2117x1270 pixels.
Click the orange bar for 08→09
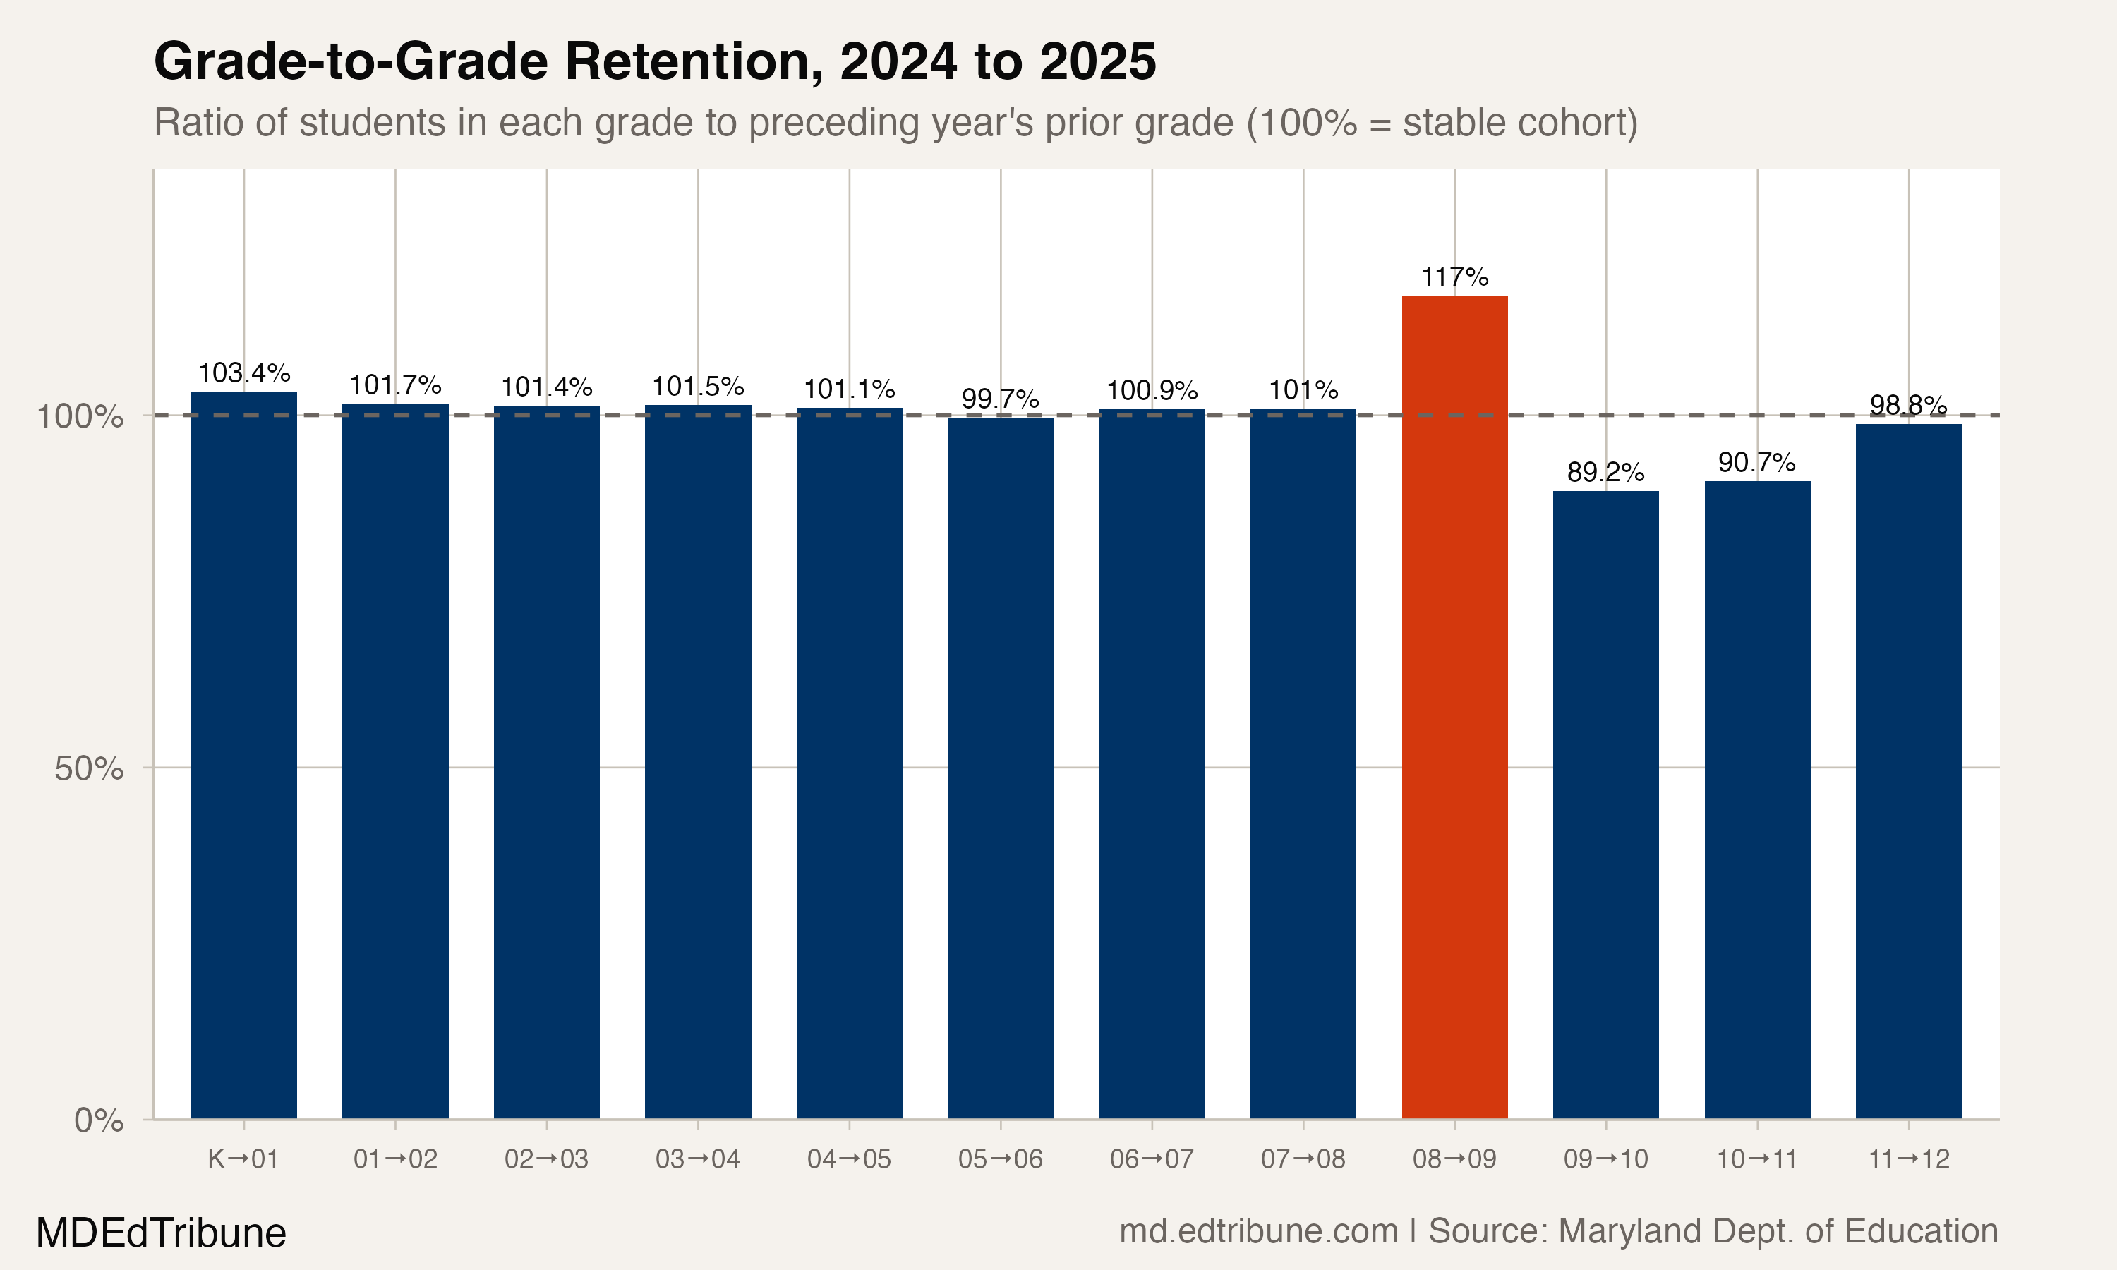click(1454, 707)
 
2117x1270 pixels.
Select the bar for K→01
click(244, 755)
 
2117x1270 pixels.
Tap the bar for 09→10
click(1605, 804)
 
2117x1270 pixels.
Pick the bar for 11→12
click(1908, 770)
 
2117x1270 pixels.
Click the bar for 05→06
click(1001, 768)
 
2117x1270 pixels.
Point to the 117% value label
click(1454, 277)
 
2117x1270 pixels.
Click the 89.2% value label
click(1605, 473)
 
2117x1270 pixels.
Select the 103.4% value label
click(244, 373)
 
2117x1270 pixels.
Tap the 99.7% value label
click(1001, 399)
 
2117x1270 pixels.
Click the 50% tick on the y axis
click(89, 768)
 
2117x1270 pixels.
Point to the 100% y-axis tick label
click(80, 417)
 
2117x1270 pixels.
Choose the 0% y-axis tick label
click(98, 1120)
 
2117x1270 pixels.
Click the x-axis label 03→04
click(697, 1160)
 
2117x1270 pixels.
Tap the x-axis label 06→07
click(1152, 1160)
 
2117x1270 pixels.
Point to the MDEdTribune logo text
click(161, 1233)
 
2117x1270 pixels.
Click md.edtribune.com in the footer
click(1258, 1231)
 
